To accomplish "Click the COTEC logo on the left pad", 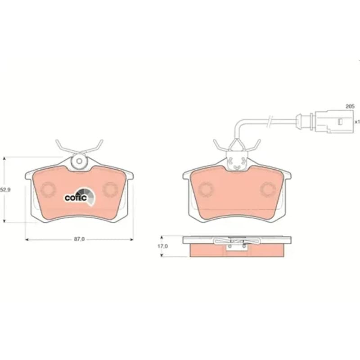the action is tap(79, 196).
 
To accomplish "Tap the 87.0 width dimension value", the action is tap(79, 239).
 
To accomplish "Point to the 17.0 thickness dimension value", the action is tap(162, 246).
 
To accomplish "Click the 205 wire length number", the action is tap(350, 107).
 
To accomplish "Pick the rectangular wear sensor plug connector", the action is tap(334, 121).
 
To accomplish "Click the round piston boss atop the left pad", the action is tap(79, 161).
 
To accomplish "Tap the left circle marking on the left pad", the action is tap(48, 189).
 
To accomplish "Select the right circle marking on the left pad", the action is tap(110, 189).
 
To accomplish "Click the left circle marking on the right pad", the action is tap(206, 189).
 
